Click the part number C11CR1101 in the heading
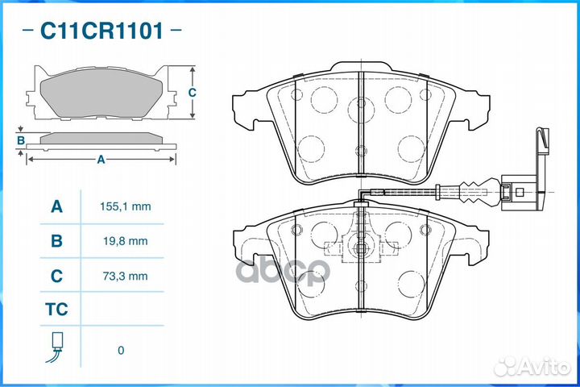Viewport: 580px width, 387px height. tap(101, 31)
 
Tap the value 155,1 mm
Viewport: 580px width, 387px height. tap(126, 206)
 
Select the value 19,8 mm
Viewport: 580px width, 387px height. tap(126, 241)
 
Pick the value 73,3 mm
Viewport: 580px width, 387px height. tap(126, 276)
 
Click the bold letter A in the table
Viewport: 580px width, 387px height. tap(56, 206)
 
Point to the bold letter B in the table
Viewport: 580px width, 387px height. tap(56, 241)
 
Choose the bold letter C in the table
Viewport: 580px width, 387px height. tap(56, 276)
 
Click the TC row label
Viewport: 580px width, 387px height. tap(56, 310)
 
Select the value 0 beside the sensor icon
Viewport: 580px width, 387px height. tap(121, 351)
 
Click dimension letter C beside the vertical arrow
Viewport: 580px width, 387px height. tap(192, 92)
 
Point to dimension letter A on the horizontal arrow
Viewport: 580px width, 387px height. tap(101, 160)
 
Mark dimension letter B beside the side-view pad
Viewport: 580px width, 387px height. tap(21, 140)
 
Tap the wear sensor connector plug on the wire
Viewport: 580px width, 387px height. tap(517, 192)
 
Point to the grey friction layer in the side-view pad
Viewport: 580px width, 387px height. tap(101, 138)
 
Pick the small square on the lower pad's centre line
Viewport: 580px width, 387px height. tap(361, 248)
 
